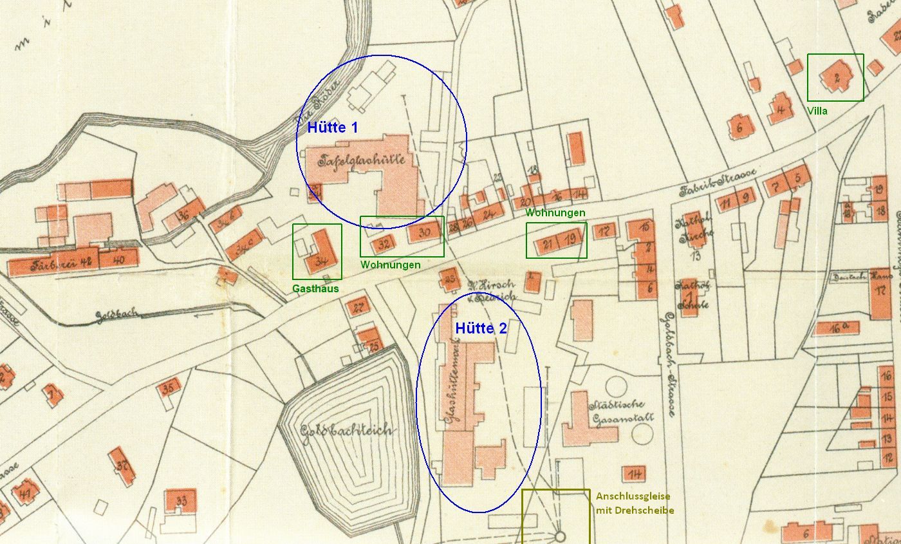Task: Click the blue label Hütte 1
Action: coord(332,127)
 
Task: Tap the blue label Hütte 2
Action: coord(481,328)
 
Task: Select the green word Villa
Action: coord(817,111)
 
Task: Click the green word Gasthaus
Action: coord(315,288)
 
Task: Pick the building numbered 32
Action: coord(385,244)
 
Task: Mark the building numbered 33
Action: coord(181,501)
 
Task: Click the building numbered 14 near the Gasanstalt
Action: coord(635,474)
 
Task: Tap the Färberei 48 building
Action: coord(51,263)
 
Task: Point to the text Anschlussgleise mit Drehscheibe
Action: coord(635,503)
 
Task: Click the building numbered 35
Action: coord(169,388)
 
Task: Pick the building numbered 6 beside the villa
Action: coord(739,127)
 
